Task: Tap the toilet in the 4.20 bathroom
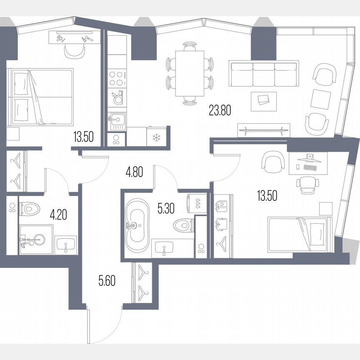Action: pos(30,208)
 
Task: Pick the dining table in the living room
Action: pos(190,73)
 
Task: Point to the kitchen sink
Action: pos(117,122)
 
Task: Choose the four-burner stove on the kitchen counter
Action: pos(117,77)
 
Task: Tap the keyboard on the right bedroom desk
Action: pos(310,167)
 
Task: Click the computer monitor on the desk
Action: pos(309,157)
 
